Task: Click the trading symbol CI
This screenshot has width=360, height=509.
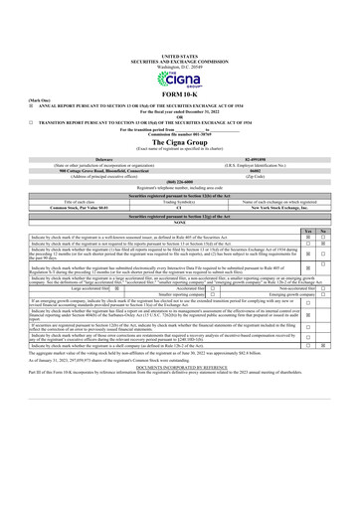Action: (x=179, y=206)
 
